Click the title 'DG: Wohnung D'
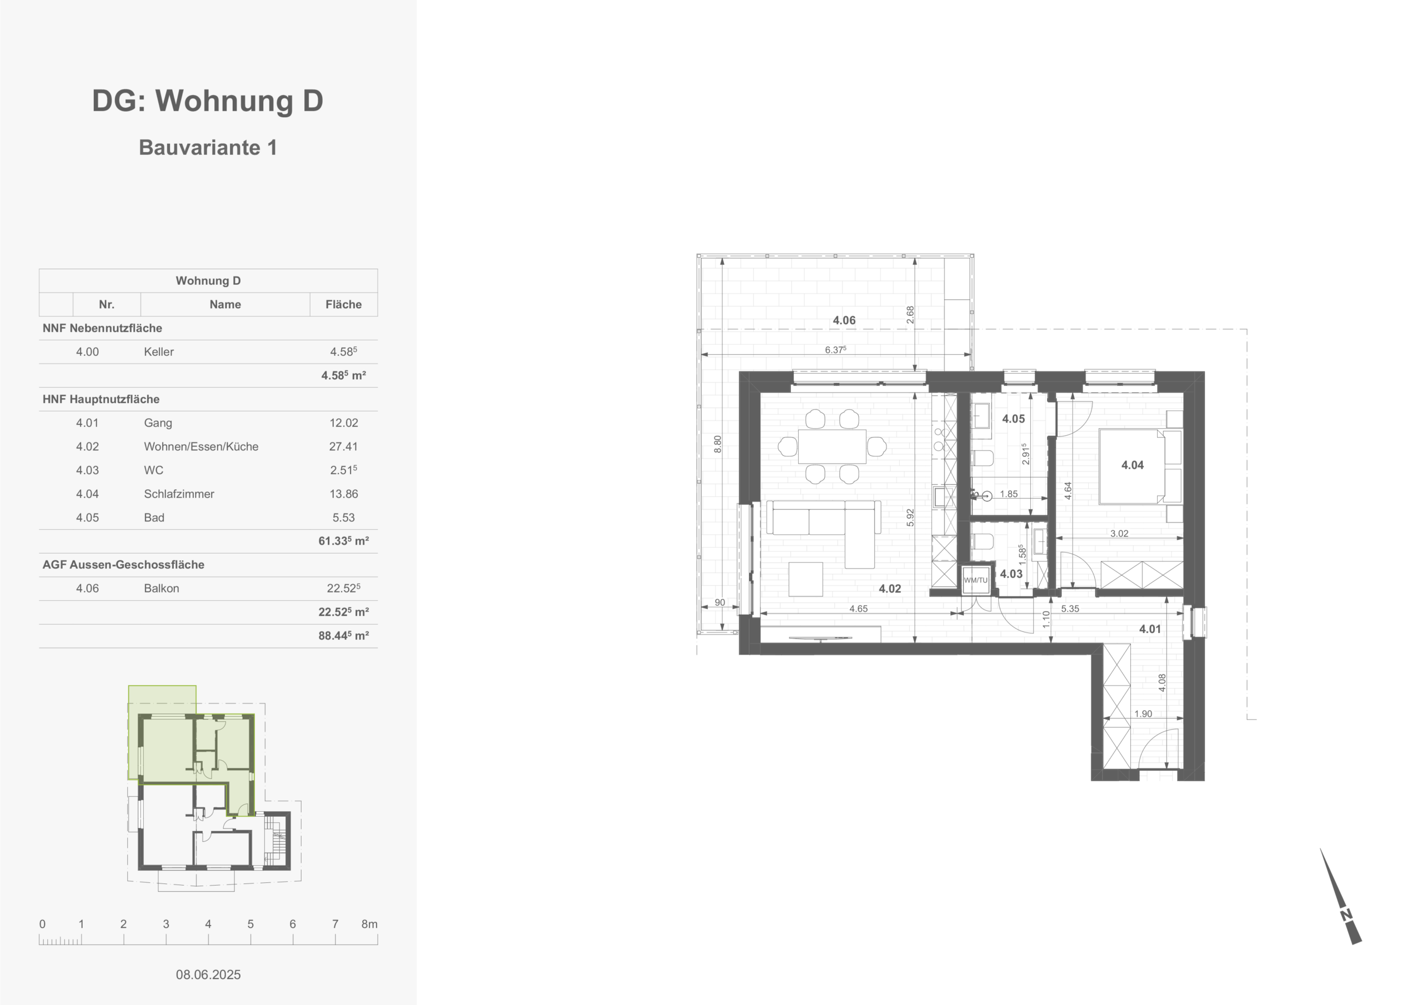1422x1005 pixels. coord(208,100)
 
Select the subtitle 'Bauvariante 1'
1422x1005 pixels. coord(208,147)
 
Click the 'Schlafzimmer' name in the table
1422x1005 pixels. coord(179,494)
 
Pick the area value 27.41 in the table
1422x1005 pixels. coord(343,446)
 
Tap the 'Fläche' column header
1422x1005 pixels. coord(343,304)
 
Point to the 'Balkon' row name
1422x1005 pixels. coord(161,588)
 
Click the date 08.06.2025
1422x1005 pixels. coord(208,974)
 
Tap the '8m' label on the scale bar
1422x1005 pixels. coord(369,924)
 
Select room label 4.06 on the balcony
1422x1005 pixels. coord(844,320)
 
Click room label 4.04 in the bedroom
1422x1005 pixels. coord(1132,465)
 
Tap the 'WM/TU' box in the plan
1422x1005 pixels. coord(975,580)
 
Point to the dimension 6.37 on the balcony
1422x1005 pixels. coord(835,350)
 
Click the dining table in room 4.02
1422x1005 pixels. coord(832,446)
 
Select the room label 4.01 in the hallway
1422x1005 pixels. coord(1150,629)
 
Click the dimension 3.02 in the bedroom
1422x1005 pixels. coord(1119,533)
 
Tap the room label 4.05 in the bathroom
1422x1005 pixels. coord(1013,419)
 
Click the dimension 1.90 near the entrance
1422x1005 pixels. coord(1143,713)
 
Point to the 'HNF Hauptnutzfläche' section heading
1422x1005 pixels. coord(101,399)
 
